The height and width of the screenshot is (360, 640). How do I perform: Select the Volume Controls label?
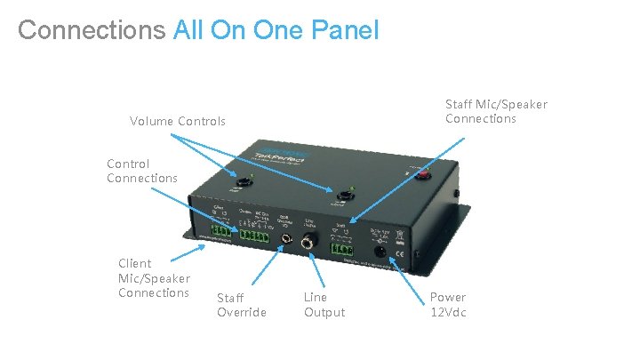(178, 121)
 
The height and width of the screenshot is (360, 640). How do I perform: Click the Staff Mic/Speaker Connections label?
(496, 111)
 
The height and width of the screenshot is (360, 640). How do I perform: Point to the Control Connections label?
(141, 171)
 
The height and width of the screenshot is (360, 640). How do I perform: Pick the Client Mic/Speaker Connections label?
(154, 277)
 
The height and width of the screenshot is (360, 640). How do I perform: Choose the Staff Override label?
(242, 304)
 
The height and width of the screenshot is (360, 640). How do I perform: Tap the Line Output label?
(324, 304)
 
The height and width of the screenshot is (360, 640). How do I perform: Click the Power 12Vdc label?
(448, 304)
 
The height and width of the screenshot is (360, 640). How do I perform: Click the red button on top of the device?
(425, 175)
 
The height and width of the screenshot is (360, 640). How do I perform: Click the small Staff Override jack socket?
(286, 239)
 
